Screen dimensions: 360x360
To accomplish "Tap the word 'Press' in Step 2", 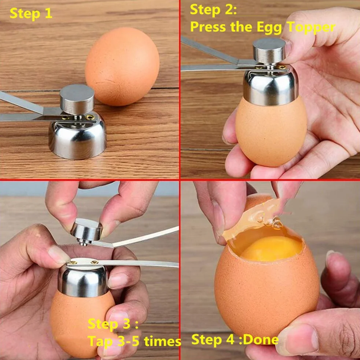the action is (x=208, y=27).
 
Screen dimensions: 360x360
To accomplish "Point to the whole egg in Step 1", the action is (x=122, y=67).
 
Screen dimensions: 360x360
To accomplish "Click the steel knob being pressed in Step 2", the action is (x=269, y=51).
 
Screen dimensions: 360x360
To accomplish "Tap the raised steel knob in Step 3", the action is (x=86, y=229).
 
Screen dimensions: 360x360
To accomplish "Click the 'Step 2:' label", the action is (x=213, y=10).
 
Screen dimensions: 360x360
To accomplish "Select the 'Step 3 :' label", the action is (x=113, y=324).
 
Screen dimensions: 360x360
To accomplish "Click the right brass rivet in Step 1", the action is (x=90, y=117).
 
